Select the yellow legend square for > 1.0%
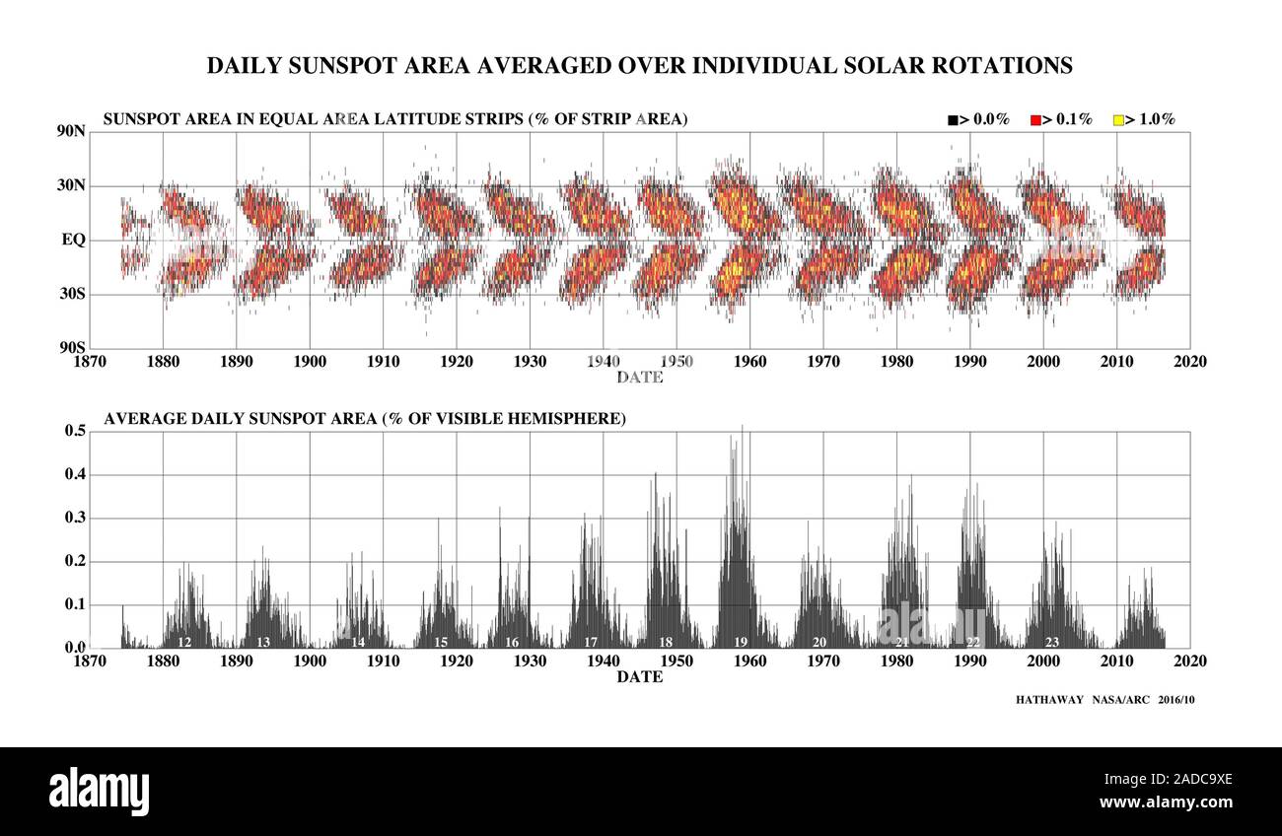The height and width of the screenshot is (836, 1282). pyautogui.click(x=1118, y=120)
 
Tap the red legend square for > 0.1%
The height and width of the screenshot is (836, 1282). pyautogui.click(x=1035, y=120)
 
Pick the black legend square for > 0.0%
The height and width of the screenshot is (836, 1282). pyautogui.click(x=953, y=120)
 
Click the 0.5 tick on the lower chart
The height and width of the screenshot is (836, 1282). pyautogui.click(x=76, y=431)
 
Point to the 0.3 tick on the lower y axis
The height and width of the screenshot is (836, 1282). pyautogui.click(x=76, y=518)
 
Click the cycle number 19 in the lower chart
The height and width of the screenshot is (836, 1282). pyautogui.click(x=741, y=642)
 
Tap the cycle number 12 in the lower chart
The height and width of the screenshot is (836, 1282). pyautogui.click(x=184, y=642)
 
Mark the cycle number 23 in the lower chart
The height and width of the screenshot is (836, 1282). pyautogui.click(x=1052, y=642)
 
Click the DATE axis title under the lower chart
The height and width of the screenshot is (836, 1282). pyautogui.click(x=639, y=677)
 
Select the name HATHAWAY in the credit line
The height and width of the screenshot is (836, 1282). pyautogui.click(x=1049, y=700)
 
